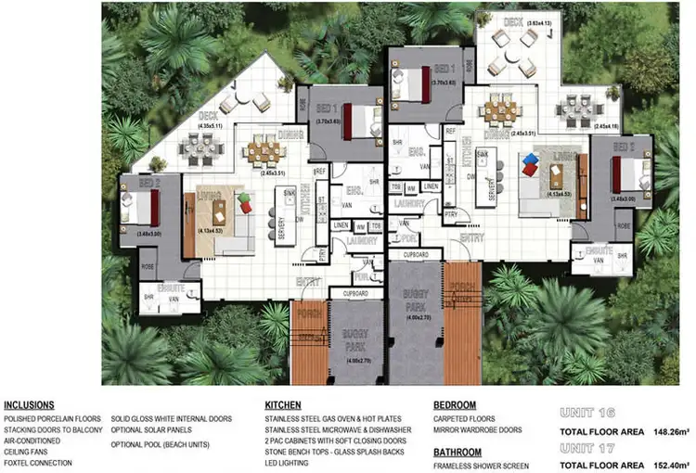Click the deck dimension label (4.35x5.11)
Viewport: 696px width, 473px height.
tap(215, 124)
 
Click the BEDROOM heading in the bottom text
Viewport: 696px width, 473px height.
tap(456, 405)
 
